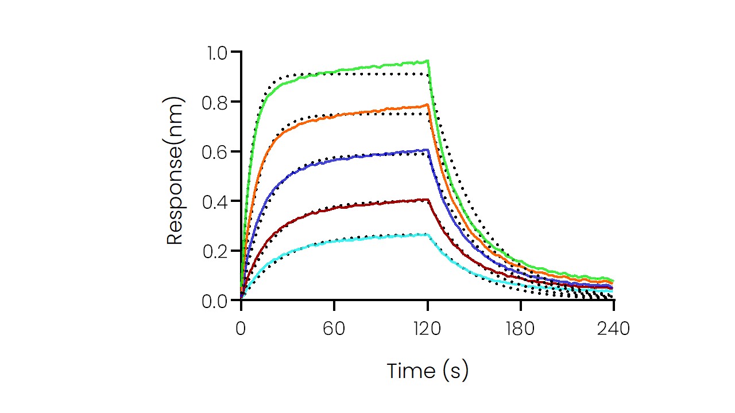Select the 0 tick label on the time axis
click(x=241, y=329)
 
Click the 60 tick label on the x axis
click(x=334, y=329)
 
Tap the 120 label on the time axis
click(x=427, y=329)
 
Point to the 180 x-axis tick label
click(x=520, y=329)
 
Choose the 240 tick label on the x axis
click(x=613, y=329)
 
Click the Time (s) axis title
click(x=427, y=371)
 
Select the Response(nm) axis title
click(x=175, y=171)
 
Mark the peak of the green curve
click(x=427, y=61)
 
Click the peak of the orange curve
click(x=427, y=104)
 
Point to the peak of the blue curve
click(x=427, y=150)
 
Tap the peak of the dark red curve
click(x=427, y=200)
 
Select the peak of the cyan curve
click(x=427, y=234)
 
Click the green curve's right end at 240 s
click(x=613, y=280)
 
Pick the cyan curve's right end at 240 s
click(x=613, y=291)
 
